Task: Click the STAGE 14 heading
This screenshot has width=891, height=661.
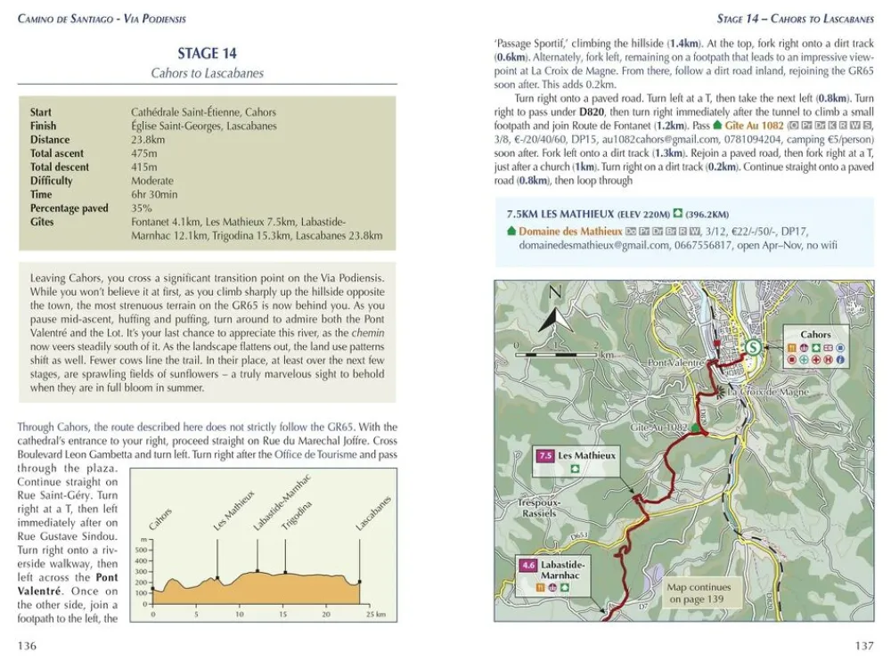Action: pyautogui.click(x=207, y=53)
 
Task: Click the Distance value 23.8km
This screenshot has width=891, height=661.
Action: pyautogui.click(x=147, y=140)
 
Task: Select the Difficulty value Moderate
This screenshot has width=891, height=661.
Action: pyautogui.click(x=151, y=181)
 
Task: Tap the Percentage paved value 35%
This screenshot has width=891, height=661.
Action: pyautogui.click(x=143, y=208)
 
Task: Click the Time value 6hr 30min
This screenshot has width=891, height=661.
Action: pyautogui.click(x=153, y=194)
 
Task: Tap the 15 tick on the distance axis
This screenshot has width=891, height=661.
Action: pyautogui.click(x=283, y=615)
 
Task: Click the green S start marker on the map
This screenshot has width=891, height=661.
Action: pyautogui.click(x=754, y=348)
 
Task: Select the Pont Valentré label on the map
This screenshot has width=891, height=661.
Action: pyautogui.click(x=677, y=363)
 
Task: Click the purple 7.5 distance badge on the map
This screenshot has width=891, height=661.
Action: pyautogui.click(x=544, y=456)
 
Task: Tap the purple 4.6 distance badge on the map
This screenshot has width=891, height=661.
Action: pyautogui.click(x=527, y=565)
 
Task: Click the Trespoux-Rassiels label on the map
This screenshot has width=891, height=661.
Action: pyautogui.click(x=538, y=508)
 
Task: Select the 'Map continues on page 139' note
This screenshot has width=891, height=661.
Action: pyautogui.click(x=699, y=593)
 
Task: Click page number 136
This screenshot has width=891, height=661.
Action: pyautogui.click(x=27, y=646)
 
